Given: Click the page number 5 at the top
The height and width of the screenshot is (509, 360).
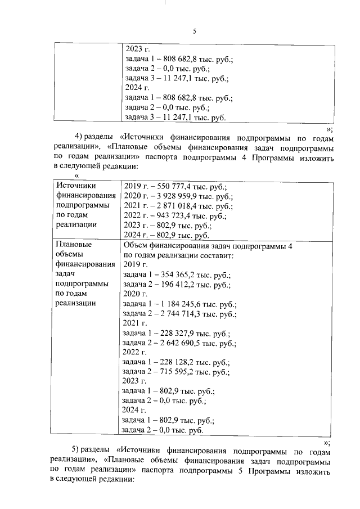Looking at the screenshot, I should click(x=194, y=31).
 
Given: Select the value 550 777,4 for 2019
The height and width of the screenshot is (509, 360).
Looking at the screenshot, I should click(x=167, y=186).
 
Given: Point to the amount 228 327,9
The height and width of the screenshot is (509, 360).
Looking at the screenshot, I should click(x=173, y=334).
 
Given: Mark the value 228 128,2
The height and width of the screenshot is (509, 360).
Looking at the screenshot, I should click(x=173, y=363).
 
